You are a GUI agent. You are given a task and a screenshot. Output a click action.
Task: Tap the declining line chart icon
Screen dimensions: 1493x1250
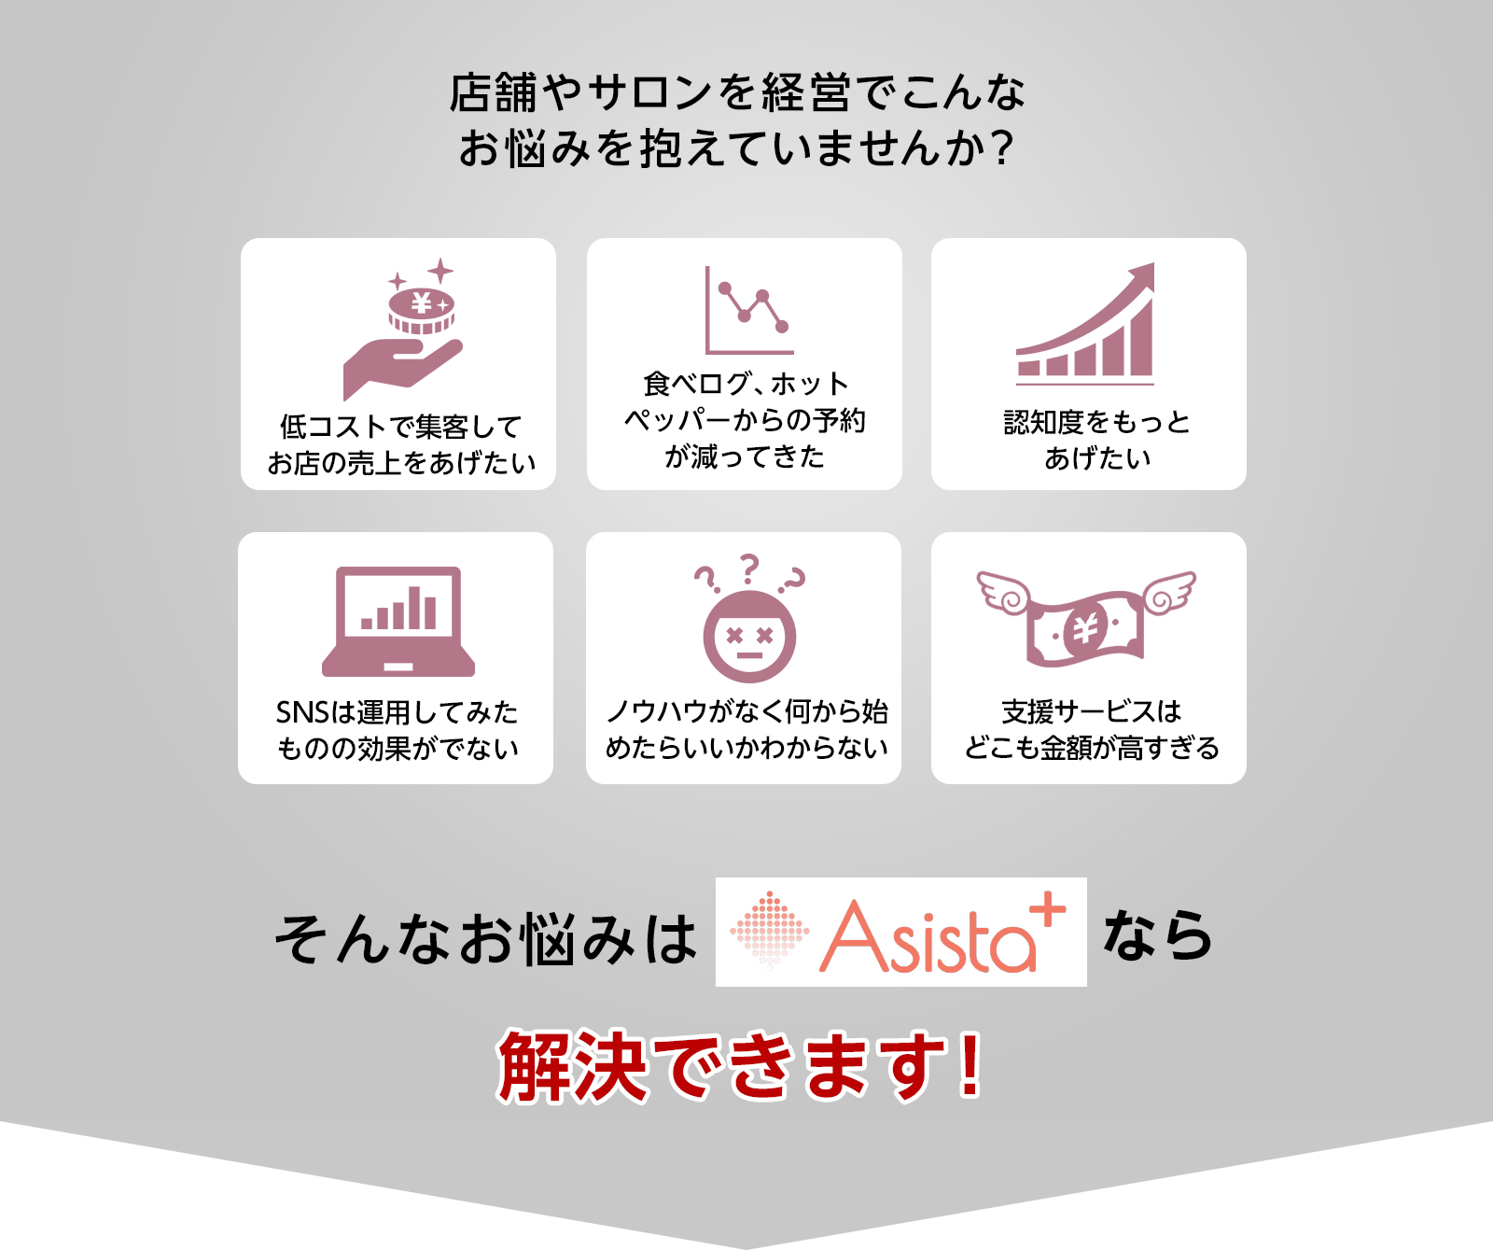click(749, 310)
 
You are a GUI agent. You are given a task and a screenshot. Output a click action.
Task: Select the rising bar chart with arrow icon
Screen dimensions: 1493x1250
click(1085, 323)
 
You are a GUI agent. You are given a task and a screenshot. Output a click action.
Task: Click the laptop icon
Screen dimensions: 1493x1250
click(398, 621)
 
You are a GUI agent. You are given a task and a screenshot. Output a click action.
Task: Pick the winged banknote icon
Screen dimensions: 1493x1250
click(1086, 617)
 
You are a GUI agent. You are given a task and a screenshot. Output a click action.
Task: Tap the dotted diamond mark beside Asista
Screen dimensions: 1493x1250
click(769, 930)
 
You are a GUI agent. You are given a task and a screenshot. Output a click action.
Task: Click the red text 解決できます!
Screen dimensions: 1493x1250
click(741, 1065)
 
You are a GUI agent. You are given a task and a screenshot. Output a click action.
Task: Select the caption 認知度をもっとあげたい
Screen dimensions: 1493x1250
click(1097, 440)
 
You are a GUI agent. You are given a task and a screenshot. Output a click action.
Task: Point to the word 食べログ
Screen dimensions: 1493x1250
click(697, 383)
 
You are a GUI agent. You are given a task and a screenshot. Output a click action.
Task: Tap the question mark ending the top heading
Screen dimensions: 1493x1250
click(1003, 148)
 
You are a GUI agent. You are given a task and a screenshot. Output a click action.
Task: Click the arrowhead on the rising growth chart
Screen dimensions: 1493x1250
click(1142, 277)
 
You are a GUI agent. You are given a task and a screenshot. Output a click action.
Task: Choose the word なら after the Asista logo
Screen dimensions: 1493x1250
click(1158, 935)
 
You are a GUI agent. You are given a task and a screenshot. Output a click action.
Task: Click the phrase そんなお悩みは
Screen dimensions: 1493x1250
click(485, 938)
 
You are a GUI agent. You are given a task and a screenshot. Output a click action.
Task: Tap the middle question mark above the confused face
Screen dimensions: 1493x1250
click(749, 569)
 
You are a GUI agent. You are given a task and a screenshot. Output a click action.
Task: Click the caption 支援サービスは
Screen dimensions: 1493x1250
click(1092, 711)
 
